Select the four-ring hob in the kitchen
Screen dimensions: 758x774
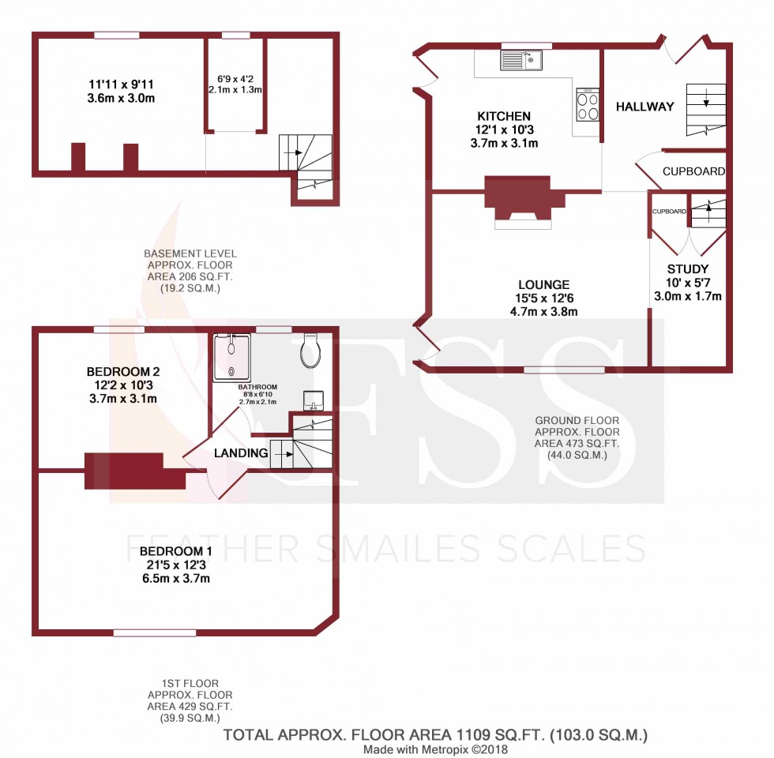pyautogui.click(x=588, y=105)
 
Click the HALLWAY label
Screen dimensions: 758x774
pyautogui.click(x=645, y=107)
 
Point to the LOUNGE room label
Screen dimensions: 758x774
pyautogui.click(x=544, y=284)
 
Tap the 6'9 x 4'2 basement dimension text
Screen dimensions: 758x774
pyautogui.click(x=235, y=79)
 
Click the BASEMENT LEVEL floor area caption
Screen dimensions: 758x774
pyautogui.click(x=190, y=271)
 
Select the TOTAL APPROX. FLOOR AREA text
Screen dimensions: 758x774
pyautogui.click(x=435, y=735)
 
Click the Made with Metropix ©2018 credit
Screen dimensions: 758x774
pyautogui.click(x=435, y=749)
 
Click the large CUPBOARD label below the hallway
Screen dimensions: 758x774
pyautogui.click(x=693, y=171)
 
